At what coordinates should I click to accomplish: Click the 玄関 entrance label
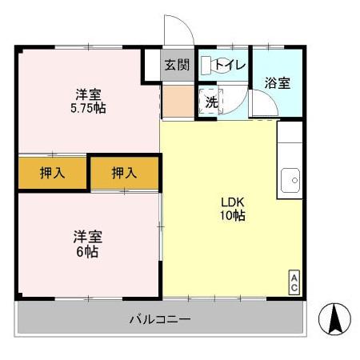tap(177, 66)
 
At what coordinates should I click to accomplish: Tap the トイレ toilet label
tap(230, 65)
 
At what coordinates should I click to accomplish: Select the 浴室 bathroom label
tap(278, 83)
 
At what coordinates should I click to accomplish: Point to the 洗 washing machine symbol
tap(210, 102)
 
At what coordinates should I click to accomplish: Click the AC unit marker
tap(294, 282)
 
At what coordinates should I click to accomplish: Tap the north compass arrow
tap(335, 321)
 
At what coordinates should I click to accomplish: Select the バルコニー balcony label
tap(160, 320)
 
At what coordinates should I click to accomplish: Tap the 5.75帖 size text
tap(88, 107)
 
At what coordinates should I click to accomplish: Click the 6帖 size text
tap(88, 251)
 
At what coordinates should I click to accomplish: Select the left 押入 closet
tap(52, 172)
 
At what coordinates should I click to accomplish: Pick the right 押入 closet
tap(124, 172)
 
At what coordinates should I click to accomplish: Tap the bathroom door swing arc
tap(261, 102)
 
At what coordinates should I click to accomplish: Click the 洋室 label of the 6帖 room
tap(88, 237)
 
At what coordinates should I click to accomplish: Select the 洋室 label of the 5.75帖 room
tap(88, 93)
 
